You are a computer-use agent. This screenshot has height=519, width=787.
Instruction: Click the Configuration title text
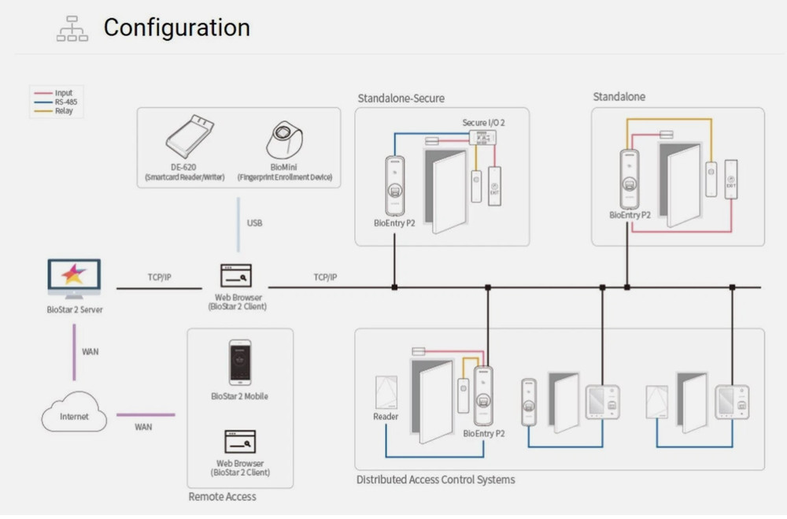176,28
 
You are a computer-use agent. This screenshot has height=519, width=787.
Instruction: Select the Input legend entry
64,94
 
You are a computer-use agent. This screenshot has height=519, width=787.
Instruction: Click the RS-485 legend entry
66,102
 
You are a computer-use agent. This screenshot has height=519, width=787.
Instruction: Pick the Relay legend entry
64,111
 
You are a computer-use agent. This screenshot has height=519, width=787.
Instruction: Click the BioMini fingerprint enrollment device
284,140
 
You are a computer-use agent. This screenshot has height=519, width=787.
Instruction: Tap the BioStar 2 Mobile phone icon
239,362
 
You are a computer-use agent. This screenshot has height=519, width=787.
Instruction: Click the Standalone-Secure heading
401,98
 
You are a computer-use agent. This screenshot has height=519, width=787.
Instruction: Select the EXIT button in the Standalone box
731,180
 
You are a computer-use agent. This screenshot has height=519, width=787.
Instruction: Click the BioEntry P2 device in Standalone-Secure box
395,185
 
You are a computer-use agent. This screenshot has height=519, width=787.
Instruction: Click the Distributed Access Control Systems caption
435,480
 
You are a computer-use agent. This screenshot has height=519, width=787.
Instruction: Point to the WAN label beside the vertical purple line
91,351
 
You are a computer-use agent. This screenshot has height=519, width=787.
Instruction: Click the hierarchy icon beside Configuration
72,29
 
